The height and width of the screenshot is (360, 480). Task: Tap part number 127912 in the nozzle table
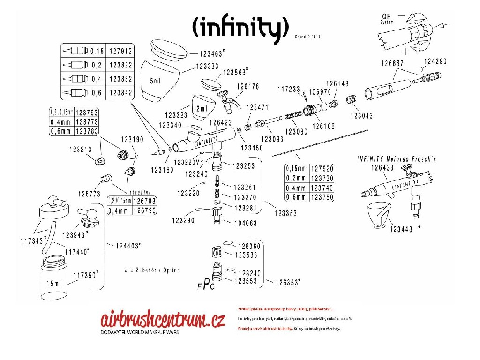[x=121, y=51]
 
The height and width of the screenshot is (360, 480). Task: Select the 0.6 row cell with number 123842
[x=121, y=93]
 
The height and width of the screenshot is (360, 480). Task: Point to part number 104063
[x=245, y=224]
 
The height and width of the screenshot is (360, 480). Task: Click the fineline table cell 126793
[x=144, y=210]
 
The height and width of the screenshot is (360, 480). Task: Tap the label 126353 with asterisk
[x=287, y=282]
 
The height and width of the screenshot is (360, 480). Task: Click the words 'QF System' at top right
[x=388, y=20]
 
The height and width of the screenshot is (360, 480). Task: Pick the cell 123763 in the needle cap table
[x=86, y=112]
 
